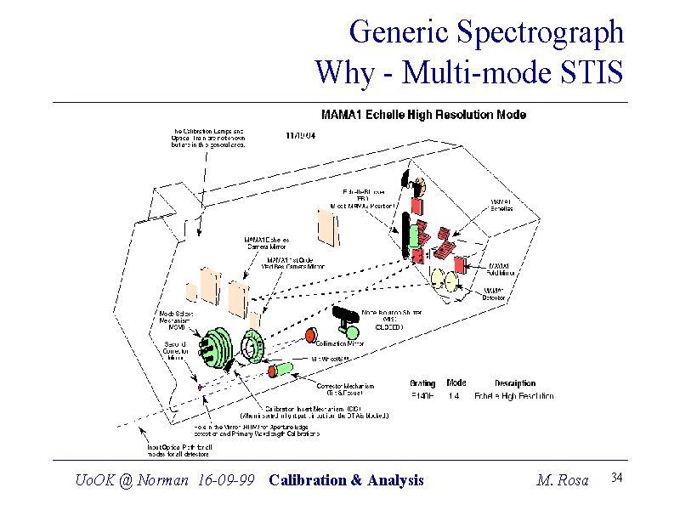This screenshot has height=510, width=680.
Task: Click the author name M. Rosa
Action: coord(563,480)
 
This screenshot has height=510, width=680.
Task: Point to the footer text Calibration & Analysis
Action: coord(346,480)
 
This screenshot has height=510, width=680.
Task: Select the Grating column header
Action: coord(422,383)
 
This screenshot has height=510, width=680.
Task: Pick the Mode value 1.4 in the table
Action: coord(456,396)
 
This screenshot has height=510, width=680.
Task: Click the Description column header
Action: coord(515,383)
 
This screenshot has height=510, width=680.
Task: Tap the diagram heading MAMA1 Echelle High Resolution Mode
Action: coord(422,115)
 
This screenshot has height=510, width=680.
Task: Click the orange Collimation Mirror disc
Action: coord(310,334)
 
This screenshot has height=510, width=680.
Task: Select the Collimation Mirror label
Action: coord(340,343)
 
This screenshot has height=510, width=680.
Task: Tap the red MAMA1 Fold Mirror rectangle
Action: coord(459,263)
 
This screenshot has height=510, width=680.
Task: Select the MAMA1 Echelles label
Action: coord(501,205)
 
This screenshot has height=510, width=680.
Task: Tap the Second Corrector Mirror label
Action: coord(176,351)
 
